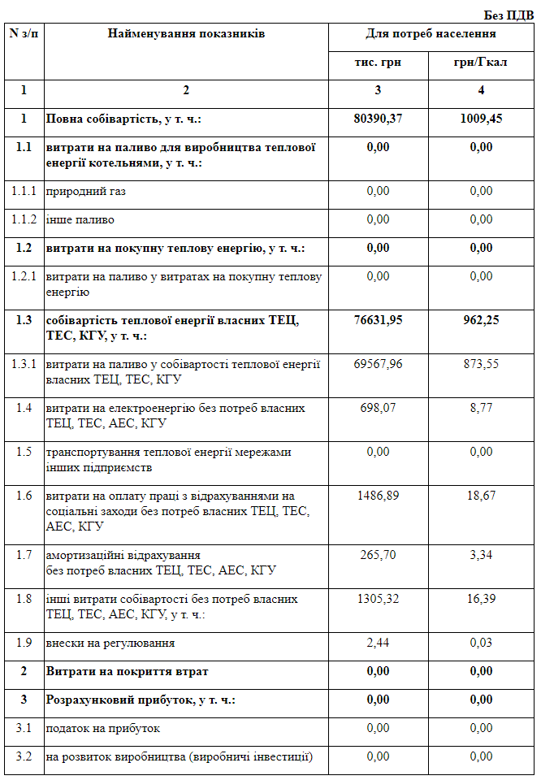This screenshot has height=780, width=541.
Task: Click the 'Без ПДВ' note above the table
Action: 509,15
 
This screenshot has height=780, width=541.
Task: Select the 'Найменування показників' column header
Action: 186,34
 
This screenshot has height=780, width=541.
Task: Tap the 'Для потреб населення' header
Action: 431,34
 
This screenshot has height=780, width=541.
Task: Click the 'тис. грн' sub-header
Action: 378,63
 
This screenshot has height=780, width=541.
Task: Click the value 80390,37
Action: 378,119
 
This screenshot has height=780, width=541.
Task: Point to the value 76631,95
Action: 378,320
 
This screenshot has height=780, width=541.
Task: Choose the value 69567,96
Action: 378,364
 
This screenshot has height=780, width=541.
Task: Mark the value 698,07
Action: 378,408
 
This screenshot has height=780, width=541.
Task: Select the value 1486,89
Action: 378,496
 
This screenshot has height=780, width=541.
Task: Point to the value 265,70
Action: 378,555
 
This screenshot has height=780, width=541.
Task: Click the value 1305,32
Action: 378,599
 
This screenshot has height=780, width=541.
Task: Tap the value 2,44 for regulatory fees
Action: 378,643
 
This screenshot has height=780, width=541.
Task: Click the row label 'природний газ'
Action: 86,191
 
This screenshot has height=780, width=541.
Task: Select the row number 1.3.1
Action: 24,364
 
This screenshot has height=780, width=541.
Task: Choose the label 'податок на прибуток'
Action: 102,728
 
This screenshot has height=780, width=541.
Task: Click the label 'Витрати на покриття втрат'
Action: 127,671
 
